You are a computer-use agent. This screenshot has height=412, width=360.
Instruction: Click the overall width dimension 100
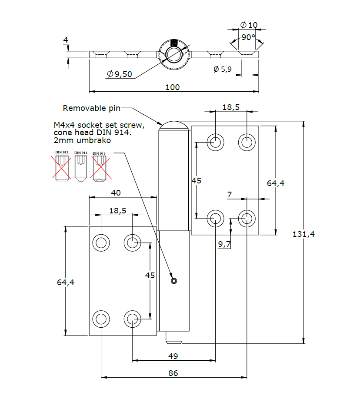tap(173, 87)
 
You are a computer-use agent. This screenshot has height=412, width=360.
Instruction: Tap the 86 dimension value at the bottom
tap(173, 373)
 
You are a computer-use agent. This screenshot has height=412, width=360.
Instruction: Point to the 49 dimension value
tap(173, 356)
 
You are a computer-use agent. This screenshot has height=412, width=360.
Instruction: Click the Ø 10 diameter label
tap(249, 25)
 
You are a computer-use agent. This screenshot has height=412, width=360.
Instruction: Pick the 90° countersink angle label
tap(248, 37)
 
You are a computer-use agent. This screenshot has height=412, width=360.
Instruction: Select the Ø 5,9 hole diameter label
tap(222, 69)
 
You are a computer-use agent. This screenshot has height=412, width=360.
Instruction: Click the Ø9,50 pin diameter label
tap(120, 74)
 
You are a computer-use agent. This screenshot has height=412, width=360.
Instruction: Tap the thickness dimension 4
tap(66, 40)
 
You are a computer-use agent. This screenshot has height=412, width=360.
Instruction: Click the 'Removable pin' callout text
tap(91, 108)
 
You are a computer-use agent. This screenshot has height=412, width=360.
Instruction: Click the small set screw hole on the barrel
tap(174, 281)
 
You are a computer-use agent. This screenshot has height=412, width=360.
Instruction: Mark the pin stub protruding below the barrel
tap(174, 337)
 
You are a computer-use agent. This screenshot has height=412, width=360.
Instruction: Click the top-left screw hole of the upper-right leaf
tap(215, 142)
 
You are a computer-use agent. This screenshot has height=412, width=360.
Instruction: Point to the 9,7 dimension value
tap(224, 244)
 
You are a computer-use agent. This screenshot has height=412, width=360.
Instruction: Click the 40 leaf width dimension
tap(116, 193)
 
